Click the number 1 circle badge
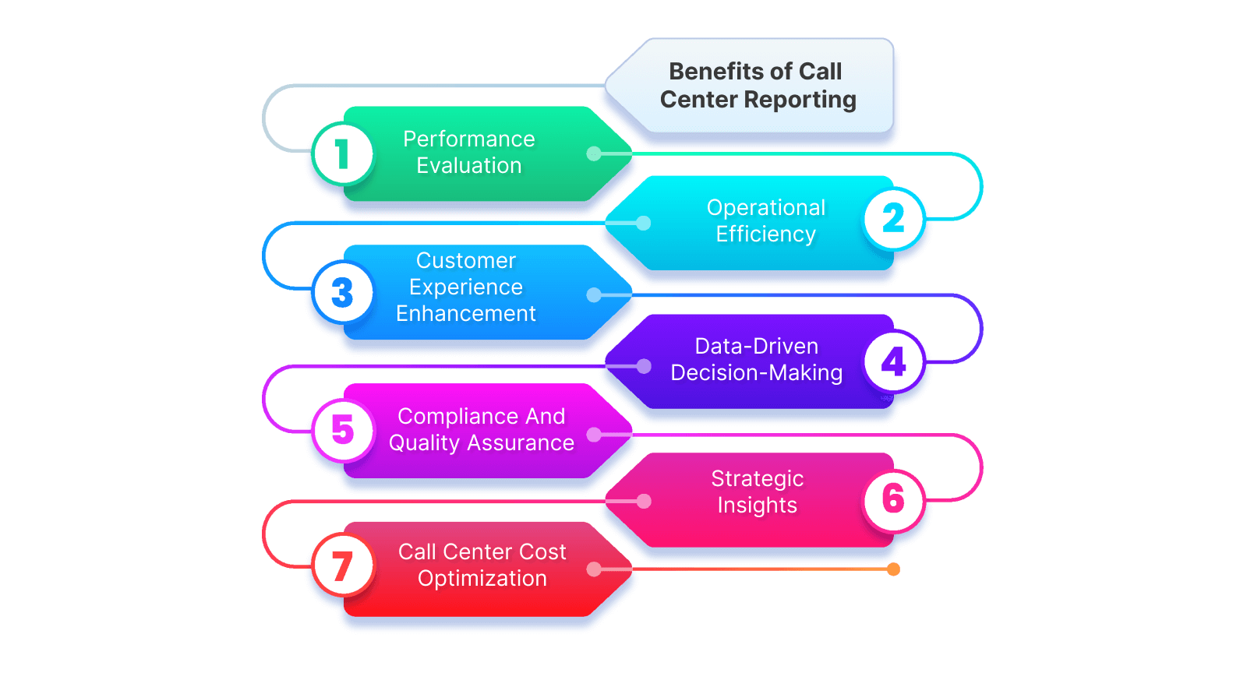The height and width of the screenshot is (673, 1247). pos(342,153)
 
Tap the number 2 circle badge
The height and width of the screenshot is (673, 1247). pos(894,219)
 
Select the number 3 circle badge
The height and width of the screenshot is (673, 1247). pos(342,293)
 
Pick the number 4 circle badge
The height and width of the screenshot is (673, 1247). pos(894,362)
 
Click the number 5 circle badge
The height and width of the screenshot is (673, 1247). pos(342,430)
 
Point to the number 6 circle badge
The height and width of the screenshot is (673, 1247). pos(894,500)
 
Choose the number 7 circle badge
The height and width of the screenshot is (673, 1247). pos(342,566)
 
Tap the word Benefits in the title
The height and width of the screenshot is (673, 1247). pos(715,72)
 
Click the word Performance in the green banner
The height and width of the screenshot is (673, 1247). pos(468,139)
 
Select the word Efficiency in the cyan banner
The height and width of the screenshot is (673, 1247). pos(765,234)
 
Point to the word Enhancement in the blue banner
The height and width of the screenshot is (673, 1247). pos(465,314)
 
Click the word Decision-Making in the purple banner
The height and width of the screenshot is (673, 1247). pos(756,373)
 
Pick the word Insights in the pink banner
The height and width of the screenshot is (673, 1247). pos(757,506)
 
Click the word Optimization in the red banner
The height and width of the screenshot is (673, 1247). pos(482,579)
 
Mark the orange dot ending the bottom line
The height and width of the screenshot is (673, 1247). pos(894,569)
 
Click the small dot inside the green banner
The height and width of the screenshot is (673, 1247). pos(594,153)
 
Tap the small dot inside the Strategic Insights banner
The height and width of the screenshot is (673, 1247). pos(644,501)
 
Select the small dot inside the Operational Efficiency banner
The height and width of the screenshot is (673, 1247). pos(644,224)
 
